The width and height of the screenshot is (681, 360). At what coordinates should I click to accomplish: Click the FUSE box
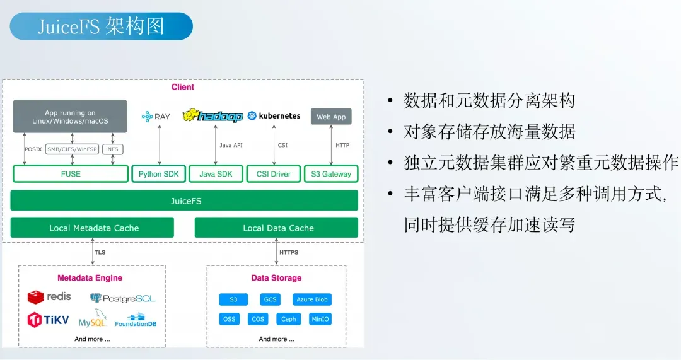tap(71, 174)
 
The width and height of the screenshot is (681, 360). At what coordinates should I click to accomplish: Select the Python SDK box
tap(159, 174)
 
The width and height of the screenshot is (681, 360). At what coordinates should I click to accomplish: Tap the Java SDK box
tap(216, 174)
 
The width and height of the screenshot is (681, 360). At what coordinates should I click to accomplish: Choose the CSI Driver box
tap(272, 174)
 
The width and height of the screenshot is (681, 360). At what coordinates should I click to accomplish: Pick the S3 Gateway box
tap(331, 174)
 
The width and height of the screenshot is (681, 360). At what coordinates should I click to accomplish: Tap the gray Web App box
tap(331, 117)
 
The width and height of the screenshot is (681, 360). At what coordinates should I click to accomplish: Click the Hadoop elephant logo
tap(212, 116)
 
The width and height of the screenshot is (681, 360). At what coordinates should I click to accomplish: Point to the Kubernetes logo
tap(274, 116)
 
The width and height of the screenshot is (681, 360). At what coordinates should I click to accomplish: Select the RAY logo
tap(156, 117)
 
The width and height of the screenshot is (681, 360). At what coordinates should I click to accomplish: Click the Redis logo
tap(49, 297)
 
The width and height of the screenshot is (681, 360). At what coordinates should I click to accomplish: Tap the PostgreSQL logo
tap(122, 298)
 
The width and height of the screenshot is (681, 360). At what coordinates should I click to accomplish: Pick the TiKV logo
tap(47, 320)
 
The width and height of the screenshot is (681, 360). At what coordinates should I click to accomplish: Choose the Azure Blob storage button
tap(311, 299)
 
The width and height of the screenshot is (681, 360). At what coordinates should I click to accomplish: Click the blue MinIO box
tap(320, 319)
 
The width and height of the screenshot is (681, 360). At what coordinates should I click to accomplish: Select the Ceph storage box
tap(288, 319)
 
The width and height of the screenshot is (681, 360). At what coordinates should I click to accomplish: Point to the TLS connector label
tap(100, 253)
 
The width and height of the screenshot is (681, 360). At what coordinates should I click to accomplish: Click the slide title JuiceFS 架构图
tap(101, 26)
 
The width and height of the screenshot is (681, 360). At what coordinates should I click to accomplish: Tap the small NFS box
tap(113, 149)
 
